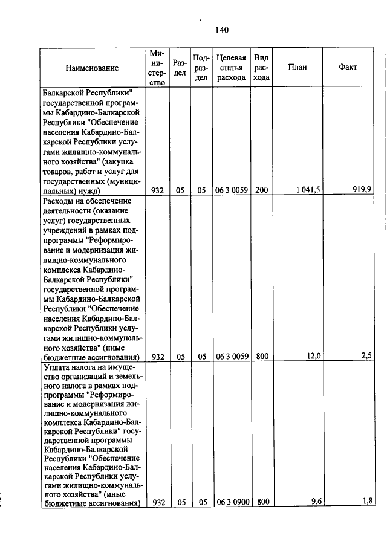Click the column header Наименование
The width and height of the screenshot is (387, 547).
[x=92, y=68]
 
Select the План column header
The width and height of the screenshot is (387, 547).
[x=297, y=67]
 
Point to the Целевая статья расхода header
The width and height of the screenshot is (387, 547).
[x=231, y=67]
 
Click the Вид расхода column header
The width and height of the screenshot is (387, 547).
[x=261, y=67]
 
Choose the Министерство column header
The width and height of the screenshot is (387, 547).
[x=157, y=68]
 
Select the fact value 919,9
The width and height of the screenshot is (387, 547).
[x=362, y=190]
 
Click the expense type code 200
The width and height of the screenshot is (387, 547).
[x=261, y=190]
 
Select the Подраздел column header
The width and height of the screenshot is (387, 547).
[x=201, y=68]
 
